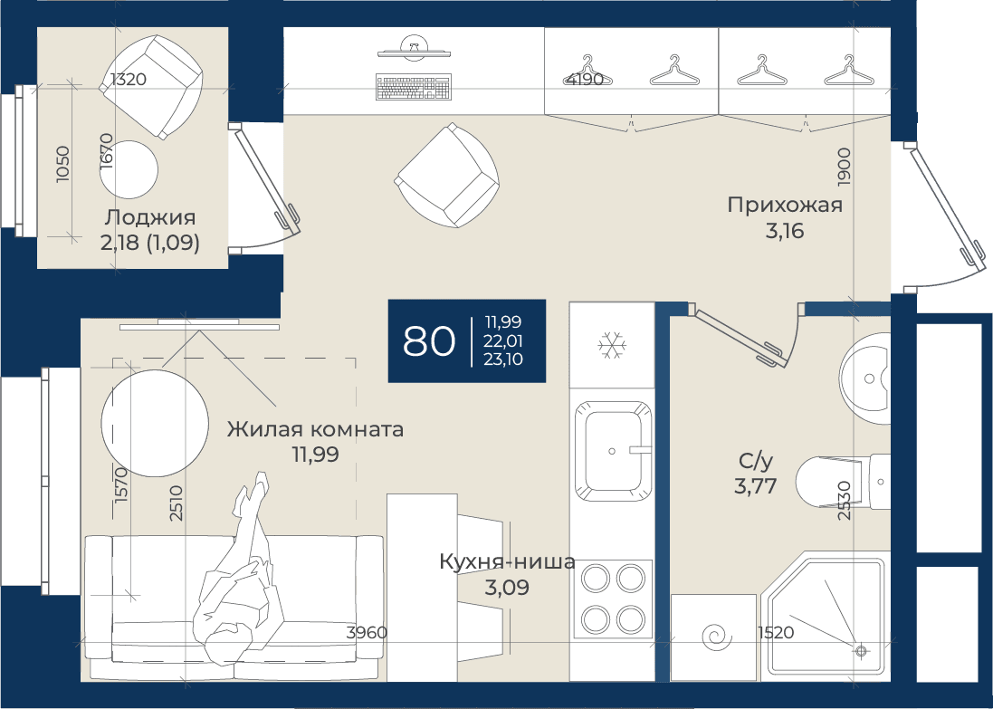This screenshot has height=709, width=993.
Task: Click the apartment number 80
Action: click(x=429, y=340)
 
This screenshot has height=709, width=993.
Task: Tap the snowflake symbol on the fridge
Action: click(x=612, y=345)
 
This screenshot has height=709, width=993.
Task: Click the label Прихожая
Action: click(x=785, y=206)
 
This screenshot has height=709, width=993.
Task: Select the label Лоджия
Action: click(x=150, y=217)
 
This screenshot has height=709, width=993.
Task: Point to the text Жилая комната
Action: click(x=315, y=429)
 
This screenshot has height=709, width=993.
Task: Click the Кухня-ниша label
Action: click(x=507, y=562)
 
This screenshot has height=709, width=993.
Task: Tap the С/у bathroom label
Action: click(x=756, y=461)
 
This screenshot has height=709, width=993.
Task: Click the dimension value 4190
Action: click(x=584, y=80)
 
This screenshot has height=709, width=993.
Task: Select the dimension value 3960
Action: click(x=367, y=632)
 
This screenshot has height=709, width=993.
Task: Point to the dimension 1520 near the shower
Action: click(x=776, y=632)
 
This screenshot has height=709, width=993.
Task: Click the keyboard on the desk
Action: click(x=415, y=87)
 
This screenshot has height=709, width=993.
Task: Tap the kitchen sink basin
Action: click(x=613, y=451)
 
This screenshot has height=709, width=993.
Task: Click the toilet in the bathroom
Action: click(x=842, y=482)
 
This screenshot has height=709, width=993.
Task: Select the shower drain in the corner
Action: click(x=861, y=650)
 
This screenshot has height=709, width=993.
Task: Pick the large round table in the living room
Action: click(x=155, y=423)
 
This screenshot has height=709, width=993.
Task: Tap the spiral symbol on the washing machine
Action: click(x=717, y=637)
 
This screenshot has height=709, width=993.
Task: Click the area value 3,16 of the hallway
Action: click(x=785, y=231)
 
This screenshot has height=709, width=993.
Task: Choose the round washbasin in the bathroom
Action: click(x=865, y=378)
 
